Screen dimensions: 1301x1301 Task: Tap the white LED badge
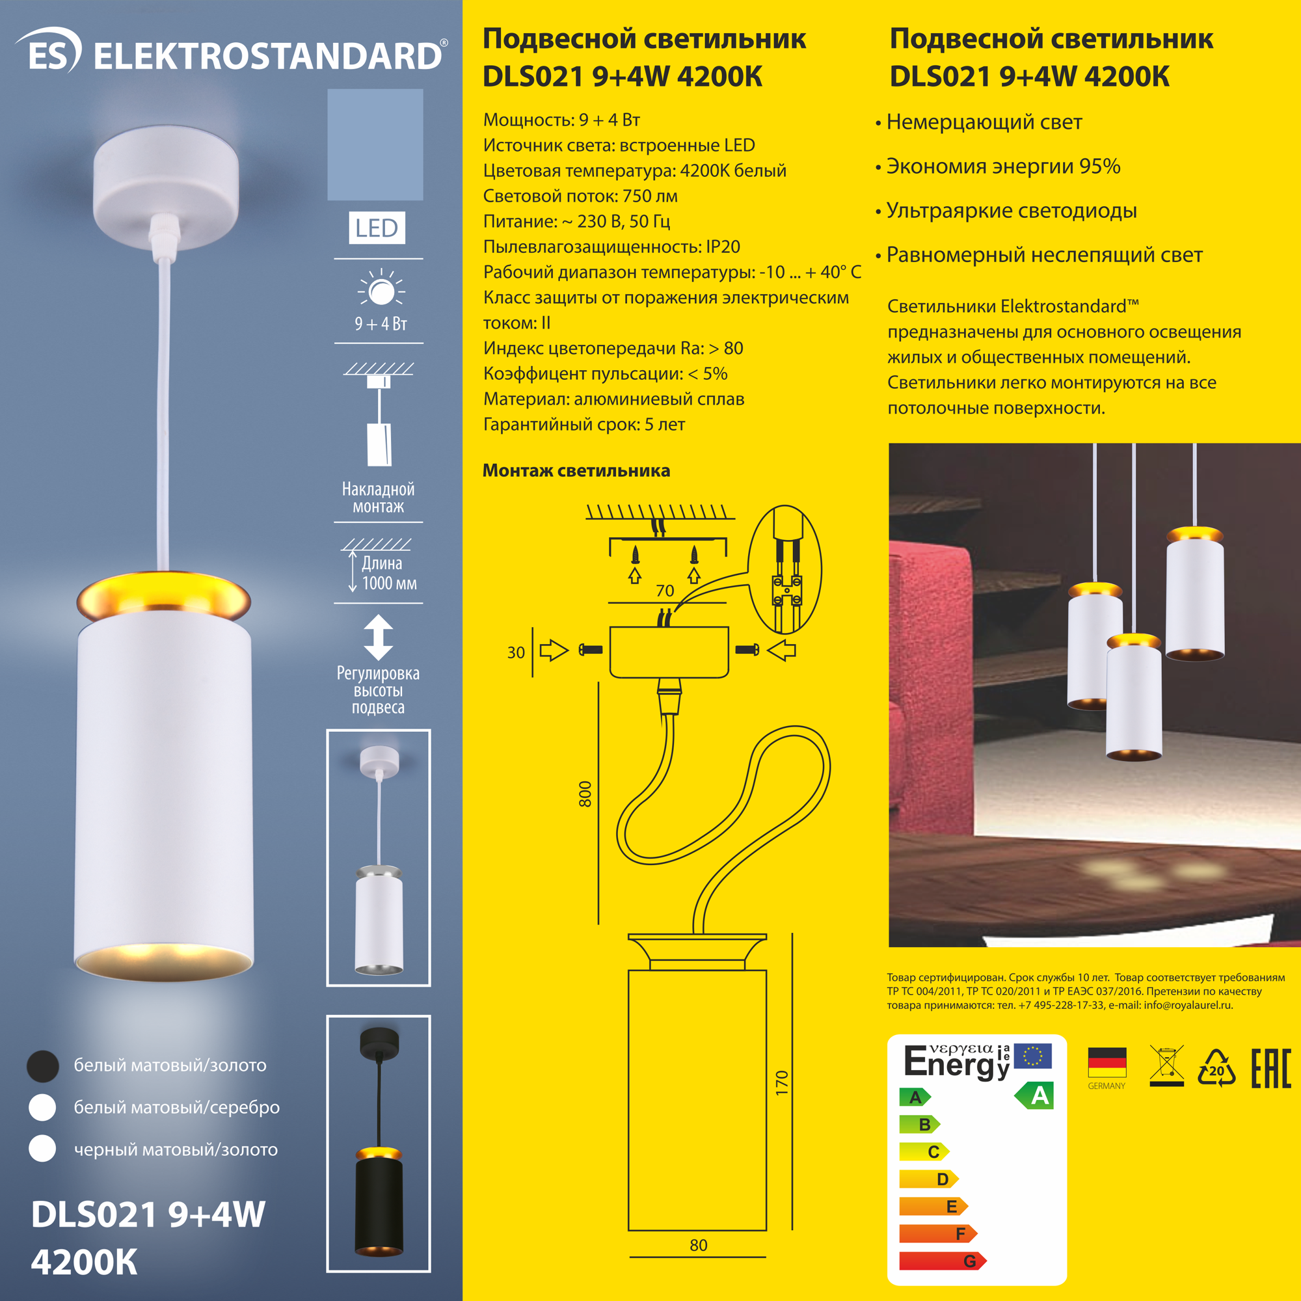(x=377, y=228)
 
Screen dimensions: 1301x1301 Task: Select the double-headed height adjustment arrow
(x=379, y=637)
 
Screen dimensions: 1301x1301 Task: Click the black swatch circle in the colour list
(x=42, y=1067)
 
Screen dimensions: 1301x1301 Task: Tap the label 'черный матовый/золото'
(x=176, y=1149)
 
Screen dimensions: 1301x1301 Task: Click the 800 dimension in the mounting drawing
(x=585, y=794)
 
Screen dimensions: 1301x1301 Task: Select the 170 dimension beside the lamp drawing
(x=781, y=1083)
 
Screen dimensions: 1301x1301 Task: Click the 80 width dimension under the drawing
(x=698, y=1245)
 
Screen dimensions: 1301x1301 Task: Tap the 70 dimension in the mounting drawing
(x=665, y=591)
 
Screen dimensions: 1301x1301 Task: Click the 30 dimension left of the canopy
(x=516, y=652)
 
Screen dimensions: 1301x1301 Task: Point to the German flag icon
(x=1107, y=1063)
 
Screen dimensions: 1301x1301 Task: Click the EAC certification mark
(x=1270, y=1068)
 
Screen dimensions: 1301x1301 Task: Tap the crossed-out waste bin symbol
(x=1167, y=1066)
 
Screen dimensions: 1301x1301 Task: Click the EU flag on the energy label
(x=1032, y=1056)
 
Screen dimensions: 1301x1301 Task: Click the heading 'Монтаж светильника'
(x=576, y=471)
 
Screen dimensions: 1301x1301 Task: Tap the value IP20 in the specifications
(x=723, y=247)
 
